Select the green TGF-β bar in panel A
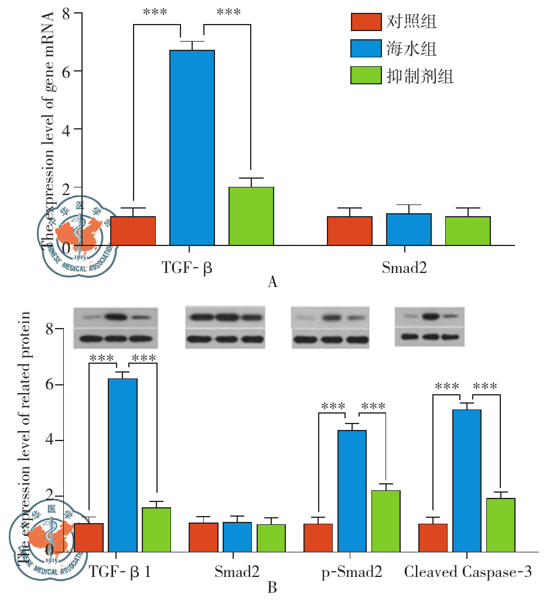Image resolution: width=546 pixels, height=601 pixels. click(x=251, y=216)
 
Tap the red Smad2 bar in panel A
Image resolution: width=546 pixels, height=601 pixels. click(x=350, y=231)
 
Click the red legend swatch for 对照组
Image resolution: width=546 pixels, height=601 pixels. click(x=366, y=22)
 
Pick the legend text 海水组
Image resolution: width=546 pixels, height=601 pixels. click(x=412, y=49)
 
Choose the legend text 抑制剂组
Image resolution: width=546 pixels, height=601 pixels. click(x=420, y=76)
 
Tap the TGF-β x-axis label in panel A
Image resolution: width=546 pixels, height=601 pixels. click(x=187, y=269)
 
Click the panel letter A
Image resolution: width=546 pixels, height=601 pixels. click(x=272, y=283)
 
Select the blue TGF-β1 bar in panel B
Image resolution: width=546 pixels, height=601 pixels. click(x=123, y=465)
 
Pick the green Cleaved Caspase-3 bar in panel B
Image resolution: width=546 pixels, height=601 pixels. click(x=500, y=525)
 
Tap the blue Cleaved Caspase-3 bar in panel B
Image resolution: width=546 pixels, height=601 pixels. click(x=467, y=480)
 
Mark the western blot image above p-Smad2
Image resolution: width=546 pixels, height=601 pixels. click(x=331, y=327)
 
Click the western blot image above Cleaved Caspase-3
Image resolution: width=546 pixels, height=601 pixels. click(x=430, y=325)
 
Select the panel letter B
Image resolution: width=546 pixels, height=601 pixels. click(x=272, y=587)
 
